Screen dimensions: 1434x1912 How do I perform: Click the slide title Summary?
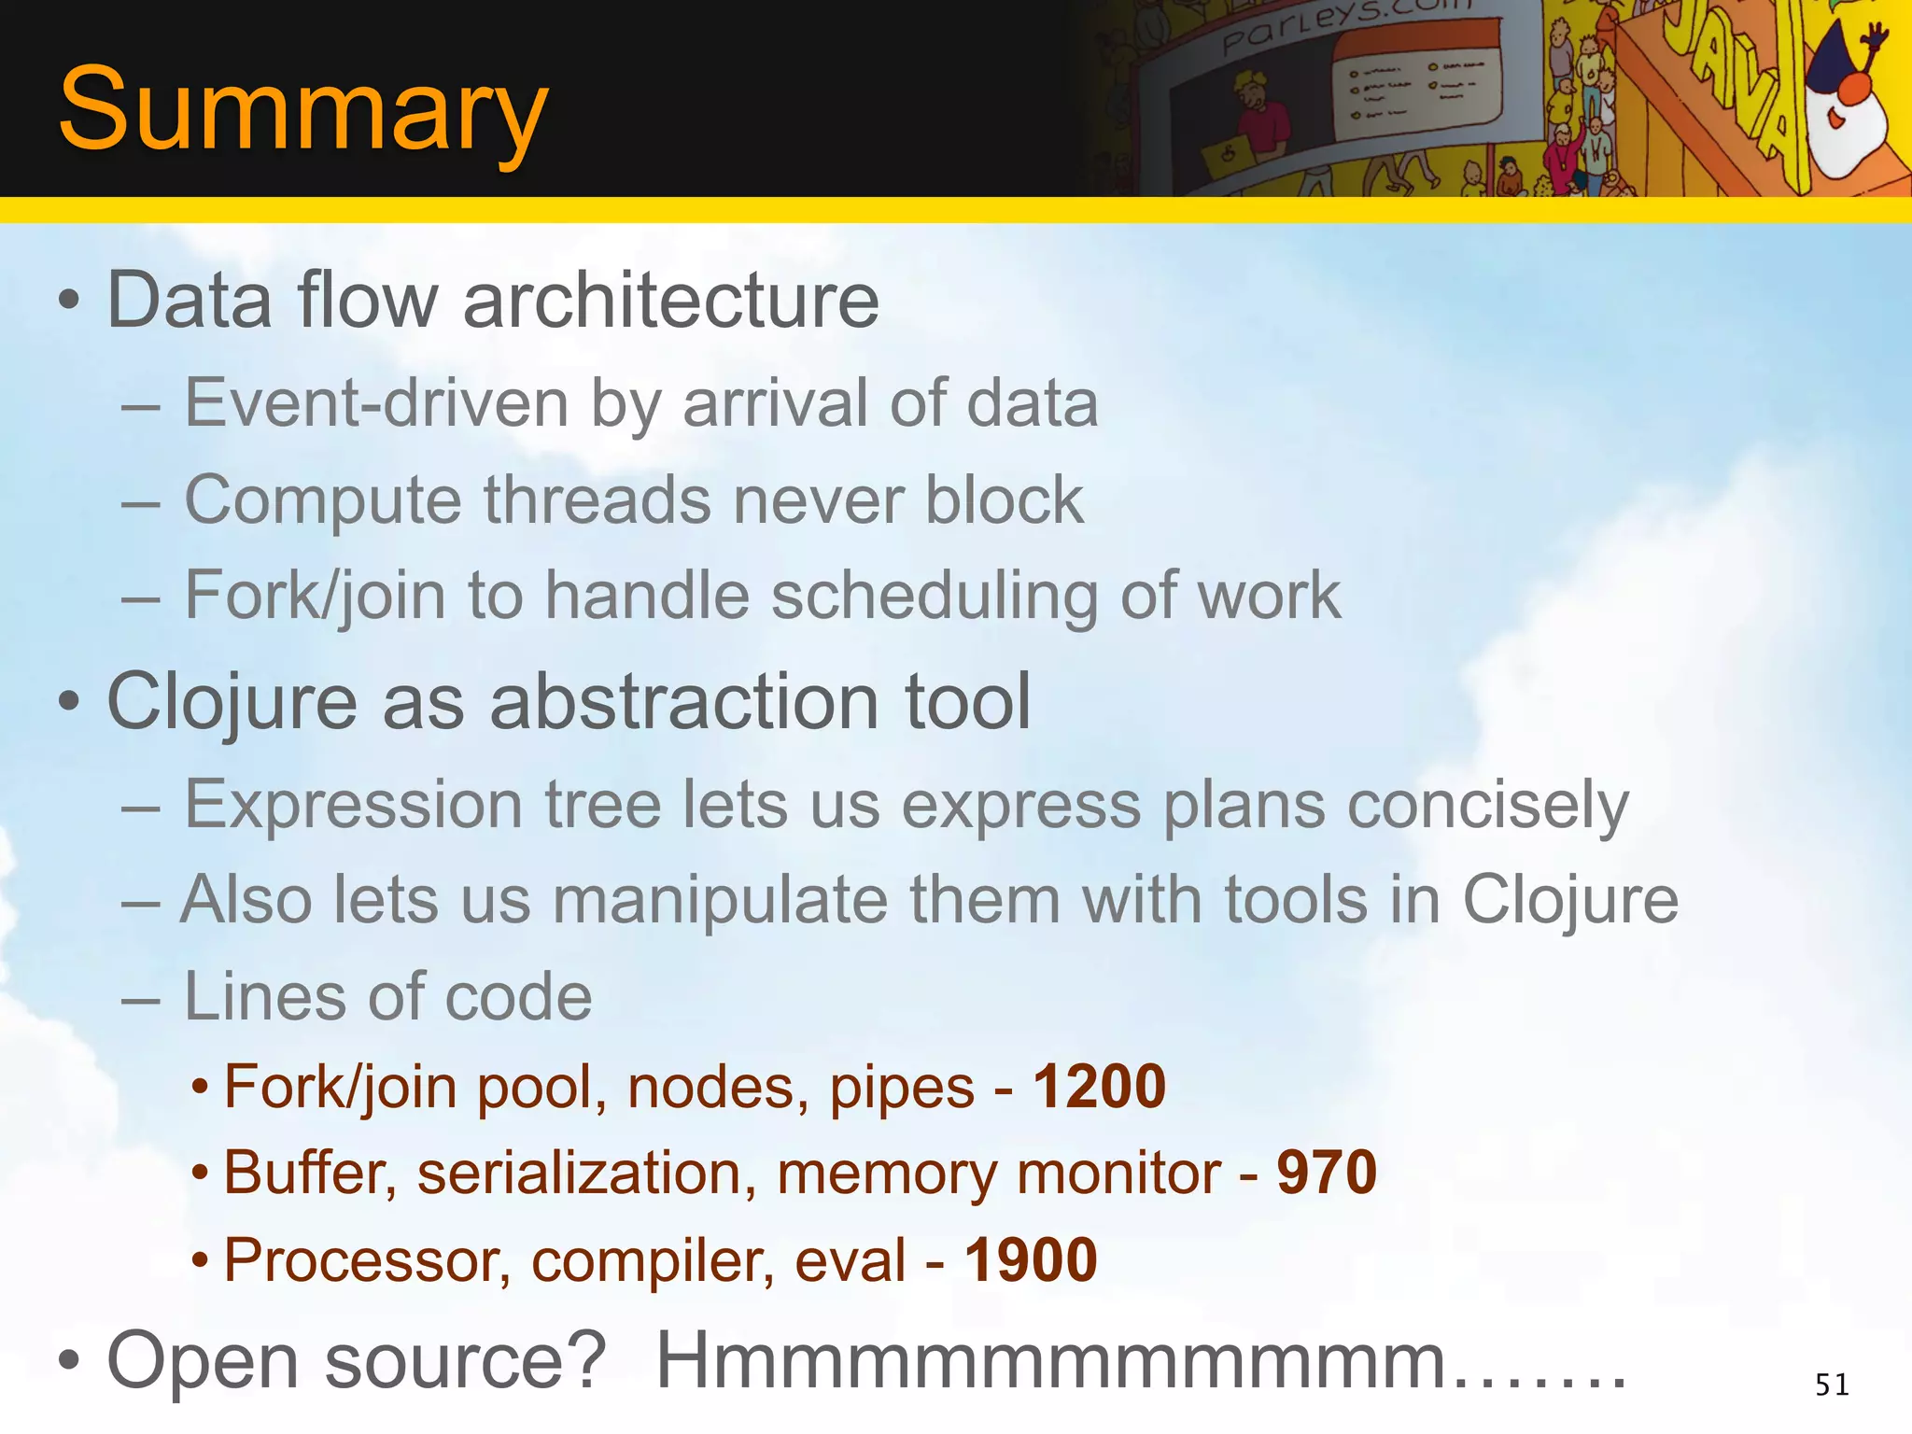point(302,110)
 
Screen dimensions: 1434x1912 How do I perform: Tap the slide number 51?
point(1832,1385)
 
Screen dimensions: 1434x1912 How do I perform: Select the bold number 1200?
point(1099,1087)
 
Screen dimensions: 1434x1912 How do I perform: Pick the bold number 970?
point(1327,1173)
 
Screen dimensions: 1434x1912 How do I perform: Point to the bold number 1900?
point(1030,1260)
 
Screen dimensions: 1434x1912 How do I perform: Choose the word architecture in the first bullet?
point(670,301)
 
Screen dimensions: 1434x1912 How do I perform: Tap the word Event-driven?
point(376,403)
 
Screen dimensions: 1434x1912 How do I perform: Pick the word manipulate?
point(720,902)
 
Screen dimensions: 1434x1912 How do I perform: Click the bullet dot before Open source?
point(68,1361)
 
